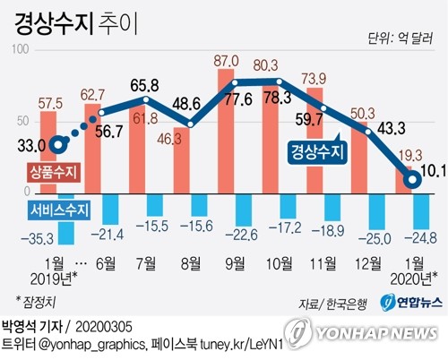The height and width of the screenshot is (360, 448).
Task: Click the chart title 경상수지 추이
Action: pos(76,24)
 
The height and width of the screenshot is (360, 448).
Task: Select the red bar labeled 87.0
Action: pos(226,131)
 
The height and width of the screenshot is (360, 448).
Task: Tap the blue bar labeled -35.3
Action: pos(66,219)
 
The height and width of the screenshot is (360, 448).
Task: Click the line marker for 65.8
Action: pos(146,99)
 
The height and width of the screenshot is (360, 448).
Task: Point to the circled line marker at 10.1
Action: pos(412,180)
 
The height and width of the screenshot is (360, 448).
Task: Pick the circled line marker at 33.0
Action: pos(58,145)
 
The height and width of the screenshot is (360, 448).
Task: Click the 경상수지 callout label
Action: pos(317,151)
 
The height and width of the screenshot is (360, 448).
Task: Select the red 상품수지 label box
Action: pos(54,172)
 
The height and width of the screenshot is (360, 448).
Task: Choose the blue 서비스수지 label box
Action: pos(59,210)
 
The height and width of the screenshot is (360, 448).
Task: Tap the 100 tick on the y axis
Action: pos(21,49)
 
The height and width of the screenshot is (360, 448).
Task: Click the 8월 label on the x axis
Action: pos(191,263)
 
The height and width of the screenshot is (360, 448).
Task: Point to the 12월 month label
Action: pos(368,263)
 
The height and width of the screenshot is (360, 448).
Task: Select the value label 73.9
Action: pos(314,79)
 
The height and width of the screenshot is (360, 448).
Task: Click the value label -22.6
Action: pos(241,235)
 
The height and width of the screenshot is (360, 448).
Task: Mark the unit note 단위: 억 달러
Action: pos(401,39)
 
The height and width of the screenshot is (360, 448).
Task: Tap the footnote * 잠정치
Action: pos(36,302)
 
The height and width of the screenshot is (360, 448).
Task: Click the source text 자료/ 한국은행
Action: pos(332,304)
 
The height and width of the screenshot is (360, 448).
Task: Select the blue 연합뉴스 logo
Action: pos(410,303)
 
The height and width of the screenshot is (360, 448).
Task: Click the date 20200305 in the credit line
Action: pos(104,327)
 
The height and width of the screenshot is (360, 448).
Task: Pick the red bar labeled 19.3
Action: pos(403,180)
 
